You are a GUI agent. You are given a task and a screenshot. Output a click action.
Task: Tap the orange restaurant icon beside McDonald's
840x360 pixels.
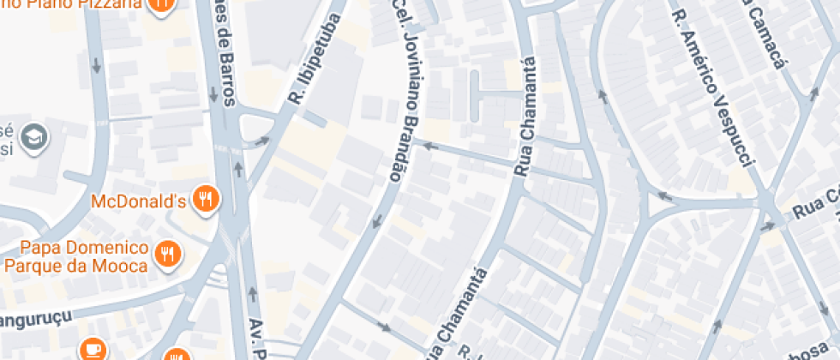[x=206, y=200]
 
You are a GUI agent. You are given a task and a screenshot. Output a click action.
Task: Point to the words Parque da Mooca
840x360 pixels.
[x=75, y=265]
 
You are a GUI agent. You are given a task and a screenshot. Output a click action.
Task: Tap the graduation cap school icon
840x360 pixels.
[x=35, y=137]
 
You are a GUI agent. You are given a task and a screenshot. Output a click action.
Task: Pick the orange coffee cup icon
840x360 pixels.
[x=91, y=349]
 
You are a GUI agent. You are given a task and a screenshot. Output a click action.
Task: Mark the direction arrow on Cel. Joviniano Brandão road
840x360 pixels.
[x=375, y=224]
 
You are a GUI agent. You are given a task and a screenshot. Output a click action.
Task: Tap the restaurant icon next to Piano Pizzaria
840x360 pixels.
[x=160, y=4]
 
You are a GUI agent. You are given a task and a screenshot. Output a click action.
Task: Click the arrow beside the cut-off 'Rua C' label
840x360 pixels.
[x=767, y=226]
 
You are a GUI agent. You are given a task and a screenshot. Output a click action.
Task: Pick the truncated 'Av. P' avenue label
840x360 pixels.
[x=255, y=336]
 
